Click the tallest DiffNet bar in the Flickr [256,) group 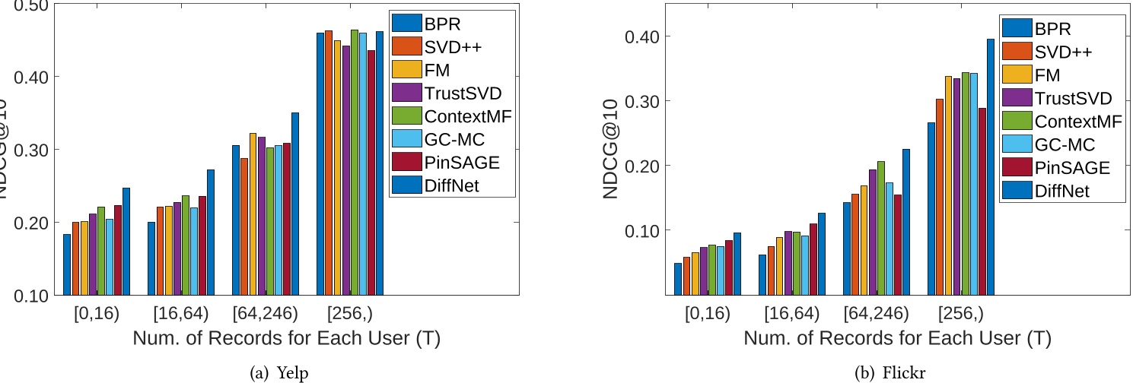[x=990, y=166]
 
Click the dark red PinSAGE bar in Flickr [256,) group [x=982, y=201]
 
